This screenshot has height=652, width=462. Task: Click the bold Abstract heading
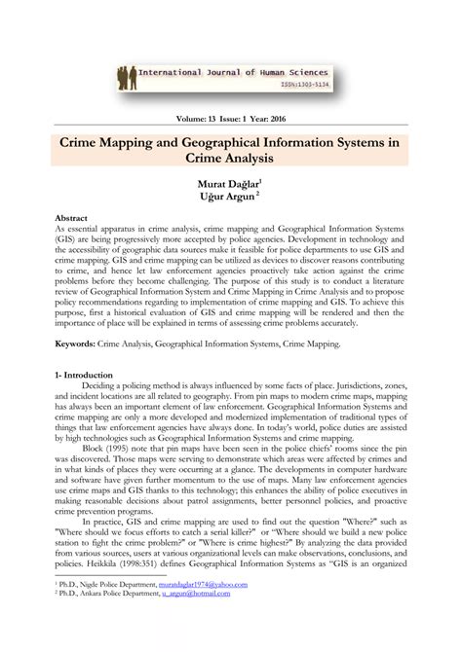tap(74, 220)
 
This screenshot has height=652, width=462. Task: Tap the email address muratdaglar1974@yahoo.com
tap(200, 610)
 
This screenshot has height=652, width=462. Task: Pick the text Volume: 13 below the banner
tap(187, 118)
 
